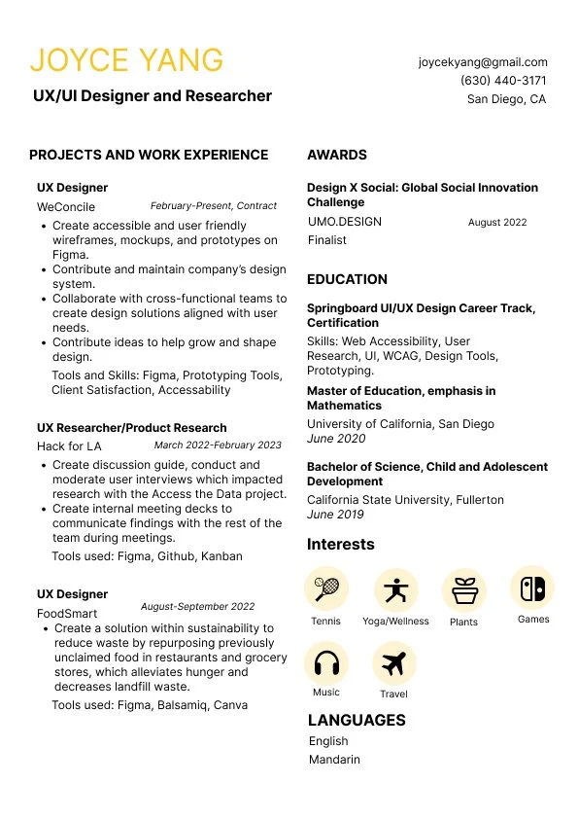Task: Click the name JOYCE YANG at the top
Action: pyautogui.click(x=126, y=60)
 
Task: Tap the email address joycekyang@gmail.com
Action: pyautogui.click(x=483, y=61)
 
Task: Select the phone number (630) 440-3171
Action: pyautogui.click(x=503, y=80)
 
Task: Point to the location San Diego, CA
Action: pyautogui.click(x=506, y=99)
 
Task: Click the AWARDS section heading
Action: pyautogui.click(x=337, y=155)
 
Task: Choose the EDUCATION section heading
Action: pyautogui.click(x=347, y=279)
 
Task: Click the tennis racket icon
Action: pyautogui.click(x=325, y=588)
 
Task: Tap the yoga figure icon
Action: pyautogui.click(x=395, y=589)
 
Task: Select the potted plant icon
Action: pyautogui.click(x=463, y=589)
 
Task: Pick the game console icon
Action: pyautogui.click(x=532, y=588)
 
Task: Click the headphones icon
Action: pyautogui.click(x=325, y=663)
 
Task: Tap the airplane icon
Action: pyautogui.click(x=393, y=663)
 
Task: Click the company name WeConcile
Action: pyautogui.click(x=66, y=207)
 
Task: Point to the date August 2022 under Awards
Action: pyautogui.click(x=497, y=222)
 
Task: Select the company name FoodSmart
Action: pyautogui.click(x=67, y=614)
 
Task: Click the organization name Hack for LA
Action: pyautogui.click(x=69, y=446)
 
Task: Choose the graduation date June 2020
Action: pyautogui.click(x=335, y=439)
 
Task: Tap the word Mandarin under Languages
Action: pyautogui.click(x=334, y=760)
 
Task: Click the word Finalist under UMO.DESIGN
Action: pyautogui.click(x=327, y=239)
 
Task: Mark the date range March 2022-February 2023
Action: pyautogui.click(x=218, y=445)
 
